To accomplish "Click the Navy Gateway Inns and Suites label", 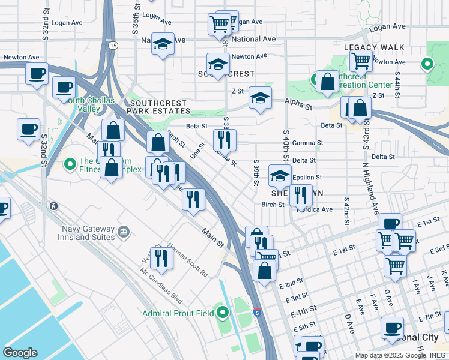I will point(88,233).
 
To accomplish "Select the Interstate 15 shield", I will point(113,45).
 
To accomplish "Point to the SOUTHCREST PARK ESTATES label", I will point(160,107).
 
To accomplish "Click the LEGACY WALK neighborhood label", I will point(374,47).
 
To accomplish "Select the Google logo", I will point(20,352).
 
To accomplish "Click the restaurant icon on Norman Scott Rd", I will point(161,257).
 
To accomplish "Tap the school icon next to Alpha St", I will point(260,97).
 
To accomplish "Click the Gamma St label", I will point(312,143).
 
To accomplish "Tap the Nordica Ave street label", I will point(318,209).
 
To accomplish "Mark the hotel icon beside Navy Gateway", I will point(124,231).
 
